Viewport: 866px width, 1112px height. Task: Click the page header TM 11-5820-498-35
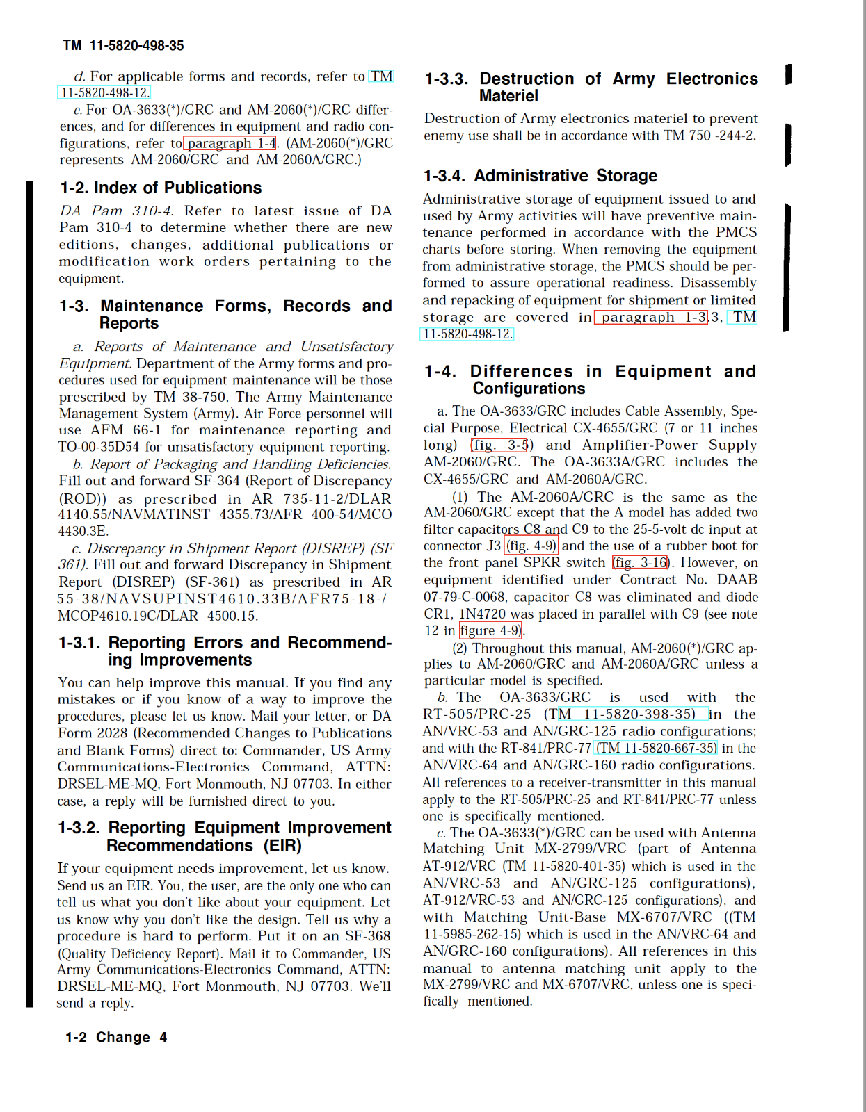coord(123,46)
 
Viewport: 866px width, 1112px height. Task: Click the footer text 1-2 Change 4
coord(116,1037)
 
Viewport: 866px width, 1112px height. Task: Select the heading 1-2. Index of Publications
coord(161,188)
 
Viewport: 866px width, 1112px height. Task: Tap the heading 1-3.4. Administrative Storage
coord(540,176)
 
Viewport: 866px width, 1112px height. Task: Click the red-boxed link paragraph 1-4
coord(230,143)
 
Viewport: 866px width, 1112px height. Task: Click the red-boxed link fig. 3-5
coord(500,445)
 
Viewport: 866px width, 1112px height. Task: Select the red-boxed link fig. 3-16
coord(641,562)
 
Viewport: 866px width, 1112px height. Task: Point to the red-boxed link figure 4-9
coord(491,630)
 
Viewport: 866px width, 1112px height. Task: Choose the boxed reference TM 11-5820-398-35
coord(632,714)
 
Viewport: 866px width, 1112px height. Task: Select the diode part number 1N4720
coord(482,614)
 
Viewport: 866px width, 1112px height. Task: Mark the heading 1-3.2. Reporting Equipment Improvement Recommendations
coord(224,836)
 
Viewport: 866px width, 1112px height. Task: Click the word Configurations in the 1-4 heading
coord(529,389)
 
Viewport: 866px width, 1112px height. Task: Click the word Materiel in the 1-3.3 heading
coord(508,96)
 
